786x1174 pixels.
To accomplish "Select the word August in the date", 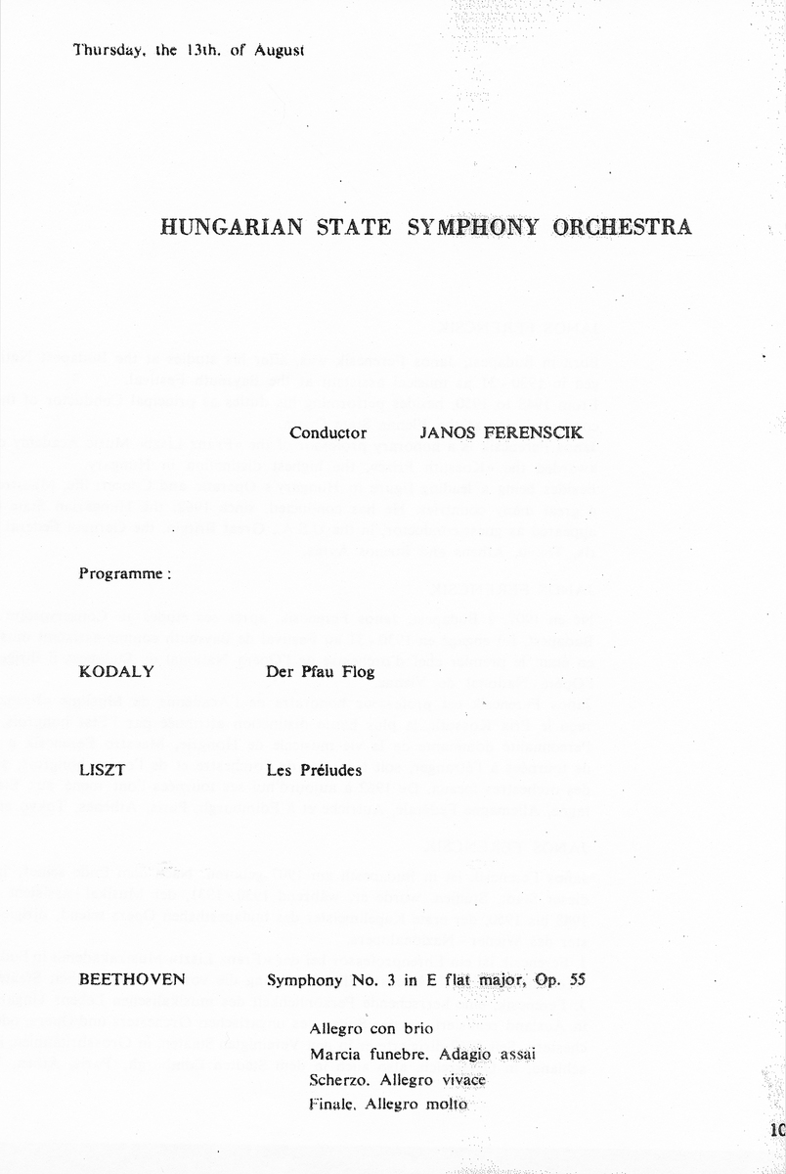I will pyautogui.click(x=280, y=50).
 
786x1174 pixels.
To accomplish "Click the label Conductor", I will pyautogui.click(x=327, y=432).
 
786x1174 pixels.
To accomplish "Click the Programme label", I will pyautogui.click(x=124, y=574).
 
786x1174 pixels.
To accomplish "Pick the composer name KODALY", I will pyautogui.click(x=116, y=672).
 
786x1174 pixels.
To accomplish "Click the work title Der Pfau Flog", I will pyautogui.click(x=320, y=673).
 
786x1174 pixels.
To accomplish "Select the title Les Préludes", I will pyautogui.click(x=314, y=770).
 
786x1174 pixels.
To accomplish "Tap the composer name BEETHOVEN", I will pyautogui.click(x=132, y=978).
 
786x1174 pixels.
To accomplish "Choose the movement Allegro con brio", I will pyautogui.click(x=371, y=1029).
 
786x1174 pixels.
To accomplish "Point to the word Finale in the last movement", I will pyautogui.click(x=332, y=1105).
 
